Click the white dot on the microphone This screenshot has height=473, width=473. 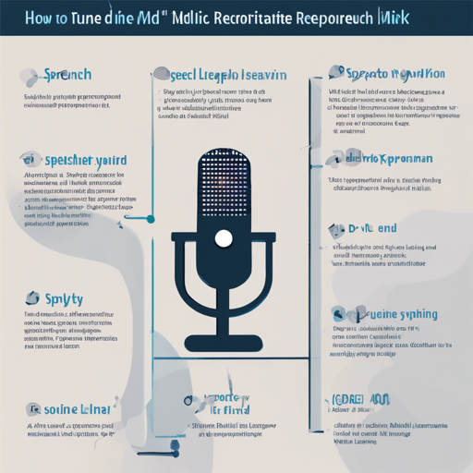pos(223,238)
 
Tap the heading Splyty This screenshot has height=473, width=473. pos(64,299)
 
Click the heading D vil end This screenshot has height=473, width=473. pos(373,227)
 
